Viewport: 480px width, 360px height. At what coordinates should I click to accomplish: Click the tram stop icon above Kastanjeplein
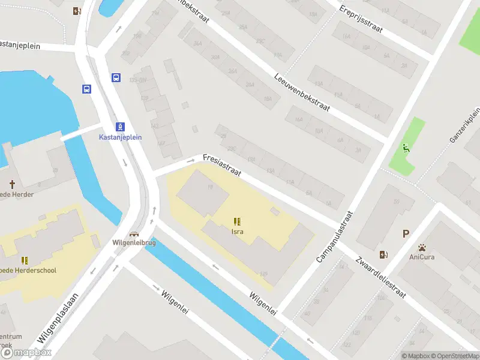pyautogui.click(x=121, y=127)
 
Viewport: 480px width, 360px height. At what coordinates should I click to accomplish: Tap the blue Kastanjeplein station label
pyautogui.click(x=121, y=137)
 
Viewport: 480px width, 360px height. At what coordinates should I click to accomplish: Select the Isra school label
pyautogui.click(x=237, y=231)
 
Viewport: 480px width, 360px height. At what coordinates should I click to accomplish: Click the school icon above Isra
pyautogui.click(x=237, y=221)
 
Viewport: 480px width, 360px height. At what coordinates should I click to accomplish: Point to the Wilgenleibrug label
pyautogui.click(x=134, y=243)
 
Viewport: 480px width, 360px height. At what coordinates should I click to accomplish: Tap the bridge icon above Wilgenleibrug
pyautogui.click(x=134, y=234)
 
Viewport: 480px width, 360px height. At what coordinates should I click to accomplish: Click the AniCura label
pyautogui.click(x=422, y=257)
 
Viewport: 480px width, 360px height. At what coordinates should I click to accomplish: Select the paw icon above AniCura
pyautogui.click(x=422, y=247)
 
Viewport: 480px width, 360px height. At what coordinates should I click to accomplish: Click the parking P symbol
pyautogui.click(x=406, y=234)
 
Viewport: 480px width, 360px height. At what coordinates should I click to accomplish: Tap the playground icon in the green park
pyautogui.click(x=406, y=148)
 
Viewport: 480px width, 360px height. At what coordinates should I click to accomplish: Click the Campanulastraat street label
pyautogui.click(x=335, y=236)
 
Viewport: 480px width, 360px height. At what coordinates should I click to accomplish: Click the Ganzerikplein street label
pyautogui.click(x=466, y=125)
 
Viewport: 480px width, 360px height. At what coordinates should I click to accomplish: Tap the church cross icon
pyautogui.click(x=12, y=183)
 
